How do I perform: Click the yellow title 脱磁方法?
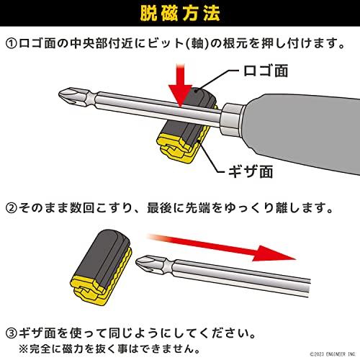[x=180, y=13]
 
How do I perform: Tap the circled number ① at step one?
[x=12, y=44]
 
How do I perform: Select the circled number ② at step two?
[x=12, y=208]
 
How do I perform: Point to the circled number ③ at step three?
[x=12, y=333]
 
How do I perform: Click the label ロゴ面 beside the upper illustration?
[x=266, y=71]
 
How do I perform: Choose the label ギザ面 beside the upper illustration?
[x=251, y=172]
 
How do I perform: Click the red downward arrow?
[x=181, y=85]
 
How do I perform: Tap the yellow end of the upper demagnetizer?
[x=176, y=147]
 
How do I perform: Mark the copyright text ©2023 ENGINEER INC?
[x=333, y=354]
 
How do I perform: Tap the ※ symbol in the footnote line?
[x=24, y=349]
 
